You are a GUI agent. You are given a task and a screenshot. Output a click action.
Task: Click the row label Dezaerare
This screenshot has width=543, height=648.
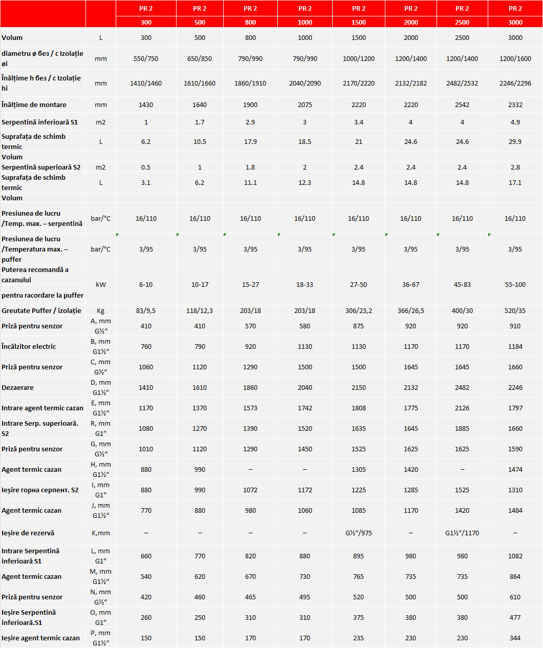[18, 388]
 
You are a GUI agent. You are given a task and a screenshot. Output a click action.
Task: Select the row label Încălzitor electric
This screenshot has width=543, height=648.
[29, 347]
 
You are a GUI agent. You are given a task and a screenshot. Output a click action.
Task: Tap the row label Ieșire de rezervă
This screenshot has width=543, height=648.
[28, 533]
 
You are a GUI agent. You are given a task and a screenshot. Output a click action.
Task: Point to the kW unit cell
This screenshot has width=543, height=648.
[101, 285]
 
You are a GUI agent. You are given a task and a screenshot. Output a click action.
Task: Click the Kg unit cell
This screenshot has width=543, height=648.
[101, 311]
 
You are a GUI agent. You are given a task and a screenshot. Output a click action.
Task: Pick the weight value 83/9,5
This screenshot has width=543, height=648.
[146, 311]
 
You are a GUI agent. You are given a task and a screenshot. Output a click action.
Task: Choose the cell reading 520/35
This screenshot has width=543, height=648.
[515, 311]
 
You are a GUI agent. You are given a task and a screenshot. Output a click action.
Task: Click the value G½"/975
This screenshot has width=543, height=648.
[358, 533]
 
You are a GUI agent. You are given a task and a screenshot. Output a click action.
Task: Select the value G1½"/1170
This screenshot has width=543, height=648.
[462, 533]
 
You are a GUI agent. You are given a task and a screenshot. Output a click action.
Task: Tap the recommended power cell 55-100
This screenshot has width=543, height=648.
[515, 285]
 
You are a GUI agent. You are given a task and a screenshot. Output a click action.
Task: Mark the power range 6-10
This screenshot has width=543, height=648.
[146, 285]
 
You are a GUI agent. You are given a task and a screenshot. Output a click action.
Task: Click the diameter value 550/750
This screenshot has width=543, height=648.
[146, 59]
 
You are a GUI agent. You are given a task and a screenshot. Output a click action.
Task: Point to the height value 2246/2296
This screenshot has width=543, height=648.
[515, 83]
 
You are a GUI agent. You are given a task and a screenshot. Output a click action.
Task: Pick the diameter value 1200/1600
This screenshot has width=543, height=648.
[515, 59]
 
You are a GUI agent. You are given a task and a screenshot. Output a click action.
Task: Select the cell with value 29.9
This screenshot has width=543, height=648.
[515, 142]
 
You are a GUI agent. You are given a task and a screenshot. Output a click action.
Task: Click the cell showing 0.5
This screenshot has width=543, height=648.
[146, 168]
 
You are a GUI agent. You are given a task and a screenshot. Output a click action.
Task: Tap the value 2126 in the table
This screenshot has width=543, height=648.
[462, 408]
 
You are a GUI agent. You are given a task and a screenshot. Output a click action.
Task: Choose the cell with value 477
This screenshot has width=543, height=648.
[515, 618]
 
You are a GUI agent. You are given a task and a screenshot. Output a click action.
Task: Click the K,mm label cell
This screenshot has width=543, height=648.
[101, 533]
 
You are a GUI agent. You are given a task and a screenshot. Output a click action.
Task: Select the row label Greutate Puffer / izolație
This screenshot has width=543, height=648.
[41, 311]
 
